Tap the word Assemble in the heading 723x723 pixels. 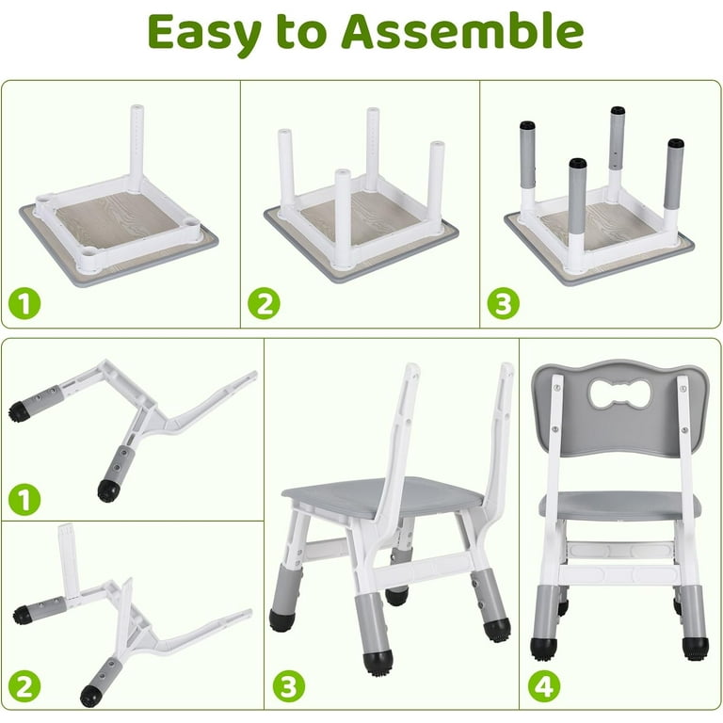tap(461, 33)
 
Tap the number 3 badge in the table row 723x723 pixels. tap(504, 303)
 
